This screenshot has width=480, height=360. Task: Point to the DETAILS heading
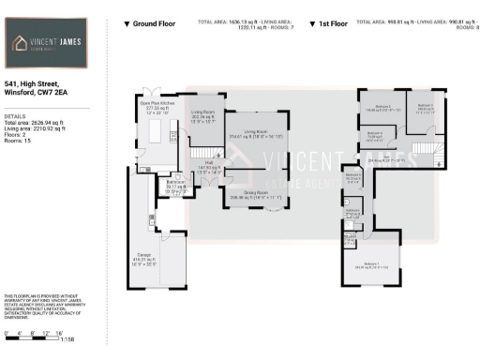(x=16, y=115)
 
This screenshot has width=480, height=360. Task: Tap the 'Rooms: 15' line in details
(x=20, y=142)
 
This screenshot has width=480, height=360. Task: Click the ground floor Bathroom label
(x=175, y=186)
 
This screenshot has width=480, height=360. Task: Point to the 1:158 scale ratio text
(x=67, y=338)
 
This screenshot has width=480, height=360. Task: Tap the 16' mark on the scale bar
(x=58, y=333)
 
